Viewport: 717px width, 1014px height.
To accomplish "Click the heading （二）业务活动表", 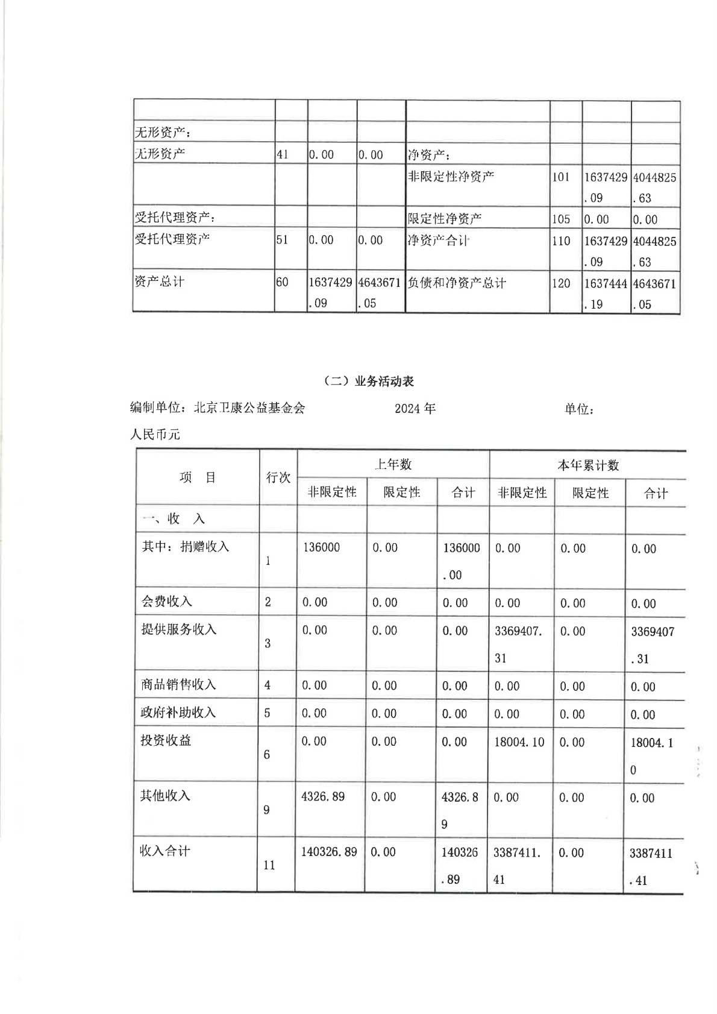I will pos(369,381).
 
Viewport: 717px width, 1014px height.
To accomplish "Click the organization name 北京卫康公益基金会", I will pos(249,408).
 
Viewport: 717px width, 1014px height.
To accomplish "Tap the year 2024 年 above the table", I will pos(415,409).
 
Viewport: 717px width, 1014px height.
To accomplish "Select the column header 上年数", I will pos(393,464).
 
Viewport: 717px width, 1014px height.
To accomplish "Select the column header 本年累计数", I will pos(587,465).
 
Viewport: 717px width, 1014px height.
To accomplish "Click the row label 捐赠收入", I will pos(205,547).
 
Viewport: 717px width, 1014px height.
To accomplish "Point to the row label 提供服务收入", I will pos(178,629).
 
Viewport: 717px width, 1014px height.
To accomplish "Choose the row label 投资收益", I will pos(166,740).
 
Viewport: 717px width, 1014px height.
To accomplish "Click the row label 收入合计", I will pos(165,851).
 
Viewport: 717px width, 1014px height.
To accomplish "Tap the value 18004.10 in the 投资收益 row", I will pos(519,742).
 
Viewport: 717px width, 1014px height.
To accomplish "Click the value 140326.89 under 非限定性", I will pos(329,852).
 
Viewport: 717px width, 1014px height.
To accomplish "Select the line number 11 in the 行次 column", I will pos(269,865).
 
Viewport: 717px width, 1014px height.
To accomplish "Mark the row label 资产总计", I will pos(160,282).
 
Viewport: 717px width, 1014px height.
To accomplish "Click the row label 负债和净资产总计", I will pos(457,283).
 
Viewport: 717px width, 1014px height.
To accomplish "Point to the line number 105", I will pos(560,219).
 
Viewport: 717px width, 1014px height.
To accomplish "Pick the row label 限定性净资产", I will pos(445,219).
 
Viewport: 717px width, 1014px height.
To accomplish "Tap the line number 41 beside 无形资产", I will pos(282,154).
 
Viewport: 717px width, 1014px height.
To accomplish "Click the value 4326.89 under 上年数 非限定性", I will pos(323,796).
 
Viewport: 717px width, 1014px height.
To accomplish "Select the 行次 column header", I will pos(278,477).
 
